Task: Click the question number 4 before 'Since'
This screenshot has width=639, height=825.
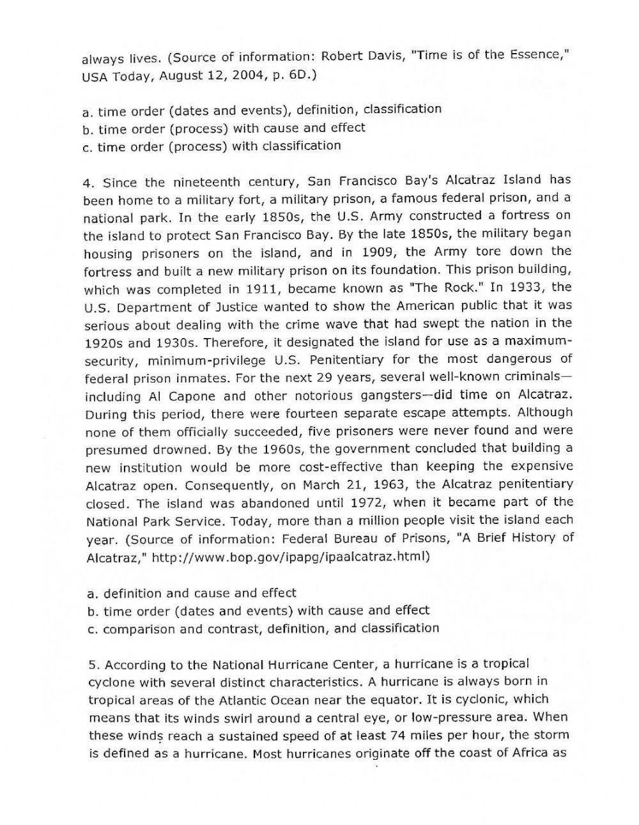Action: pos(89,182)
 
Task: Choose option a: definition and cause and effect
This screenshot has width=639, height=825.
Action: pos(192,593)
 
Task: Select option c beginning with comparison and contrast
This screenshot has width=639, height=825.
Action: pos(263,629)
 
